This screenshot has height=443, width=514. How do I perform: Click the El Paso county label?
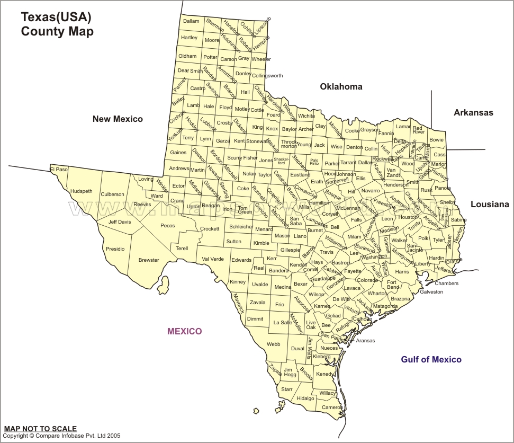(59, 170)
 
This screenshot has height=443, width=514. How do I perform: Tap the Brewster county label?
(148, 260)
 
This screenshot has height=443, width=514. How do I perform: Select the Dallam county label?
(191, 21)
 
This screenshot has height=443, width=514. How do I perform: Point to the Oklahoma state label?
(341, 87)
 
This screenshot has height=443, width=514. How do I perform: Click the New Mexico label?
(118, 119)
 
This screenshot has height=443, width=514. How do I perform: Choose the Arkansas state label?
(473, 112)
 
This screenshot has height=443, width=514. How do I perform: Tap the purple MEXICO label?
(184, 332)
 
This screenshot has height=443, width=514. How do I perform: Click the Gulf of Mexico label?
(431, 360)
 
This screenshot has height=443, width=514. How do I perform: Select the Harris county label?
(402, 271)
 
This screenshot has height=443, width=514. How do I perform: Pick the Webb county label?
(273, 344)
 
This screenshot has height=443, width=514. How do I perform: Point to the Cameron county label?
(332, 407)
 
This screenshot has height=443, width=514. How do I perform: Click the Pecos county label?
(167, 225)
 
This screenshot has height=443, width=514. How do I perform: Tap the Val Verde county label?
(213, 259)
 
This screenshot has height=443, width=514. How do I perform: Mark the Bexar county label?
(300, 284)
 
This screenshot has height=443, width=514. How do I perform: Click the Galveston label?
(431, 292)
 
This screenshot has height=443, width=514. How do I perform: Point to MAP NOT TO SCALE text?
(40, 429)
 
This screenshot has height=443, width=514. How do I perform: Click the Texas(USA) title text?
(56, 17)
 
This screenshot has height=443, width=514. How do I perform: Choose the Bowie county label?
(436, 140)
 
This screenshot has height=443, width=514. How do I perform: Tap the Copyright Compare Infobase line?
(61, 436)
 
